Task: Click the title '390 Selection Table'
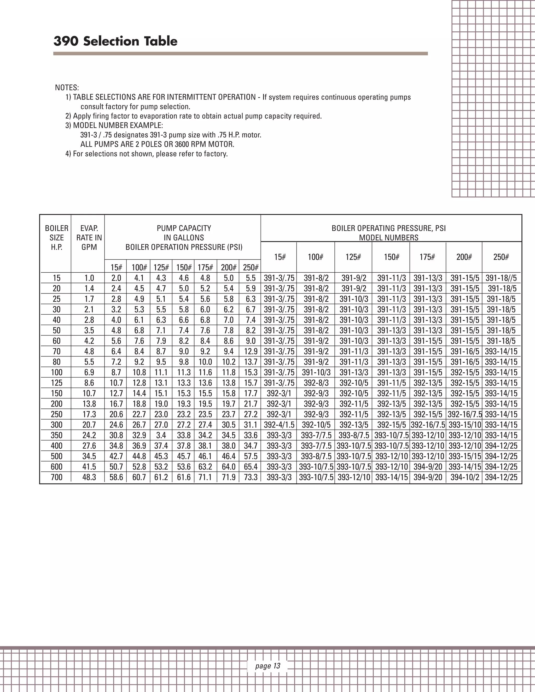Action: (115, 41)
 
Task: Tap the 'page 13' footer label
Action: (267, 666)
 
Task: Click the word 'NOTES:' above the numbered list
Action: (67, 87)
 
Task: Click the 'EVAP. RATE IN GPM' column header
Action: (89, 238)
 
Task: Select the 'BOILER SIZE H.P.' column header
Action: (56, 238)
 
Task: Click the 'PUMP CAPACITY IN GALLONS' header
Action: (184, 233)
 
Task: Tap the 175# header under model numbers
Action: (427, 257)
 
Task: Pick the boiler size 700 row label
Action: (56, 477)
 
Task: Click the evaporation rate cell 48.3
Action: (89, 477)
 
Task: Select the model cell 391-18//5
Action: (501, 278)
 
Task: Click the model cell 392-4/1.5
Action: (279, 425)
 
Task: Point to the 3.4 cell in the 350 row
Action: (161, 435)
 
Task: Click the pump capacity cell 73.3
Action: (250, 477)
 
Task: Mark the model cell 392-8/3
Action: (316, 383)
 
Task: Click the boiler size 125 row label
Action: (56, 383)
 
